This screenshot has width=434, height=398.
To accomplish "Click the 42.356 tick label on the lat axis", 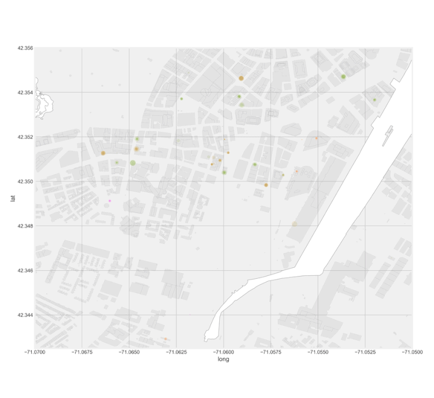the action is point(25,48).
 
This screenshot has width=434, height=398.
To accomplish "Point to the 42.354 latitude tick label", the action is point(25,93).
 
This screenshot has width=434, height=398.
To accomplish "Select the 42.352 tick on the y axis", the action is point(25,137).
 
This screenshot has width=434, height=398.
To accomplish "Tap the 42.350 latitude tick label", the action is point(25,182).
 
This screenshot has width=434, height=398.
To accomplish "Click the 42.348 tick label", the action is point(25,226).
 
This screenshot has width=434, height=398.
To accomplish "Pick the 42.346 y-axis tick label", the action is point(25,271).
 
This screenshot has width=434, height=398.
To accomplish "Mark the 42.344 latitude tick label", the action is point(25,315).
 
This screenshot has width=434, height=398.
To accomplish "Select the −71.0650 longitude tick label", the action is point(129,351).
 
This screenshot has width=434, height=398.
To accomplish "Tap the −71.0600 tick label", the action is point(223,351).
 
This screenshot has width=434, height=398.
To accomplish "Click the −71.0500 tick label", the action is point(412,351).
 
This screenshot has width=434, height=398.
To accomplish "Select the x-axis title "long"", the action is point(223,360).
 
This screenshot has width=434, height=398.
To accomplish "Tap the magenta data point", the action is point(109,201).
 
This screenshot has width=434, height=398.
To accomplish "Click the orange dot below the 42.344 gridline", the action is point(165,339).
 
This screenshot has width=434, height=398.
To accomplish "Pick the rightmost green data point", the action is point(374,99).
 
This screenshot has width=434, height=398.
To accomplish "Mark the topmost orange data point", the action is point(241,78).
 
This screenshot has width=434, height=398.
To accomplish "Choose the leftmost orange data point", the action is point(103,153).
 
